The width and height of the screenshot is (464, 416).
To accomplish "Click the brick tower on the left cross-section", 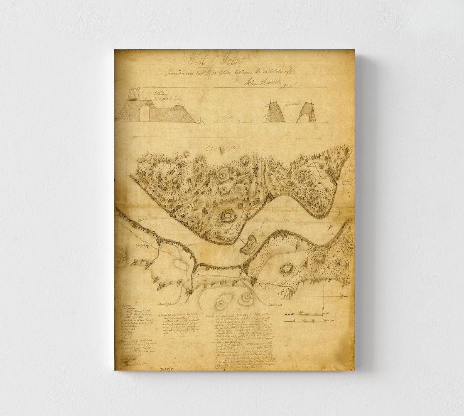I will tap(134, 94).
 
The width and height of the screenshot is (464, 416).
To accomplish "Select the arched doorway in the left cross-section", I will tap(144, 113).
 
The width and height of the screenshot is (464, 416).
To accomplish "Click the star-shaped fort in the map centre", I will tap(226, 216).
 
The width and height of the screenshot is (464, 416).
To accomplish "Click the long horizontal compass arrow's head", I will tap(343, 296).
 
